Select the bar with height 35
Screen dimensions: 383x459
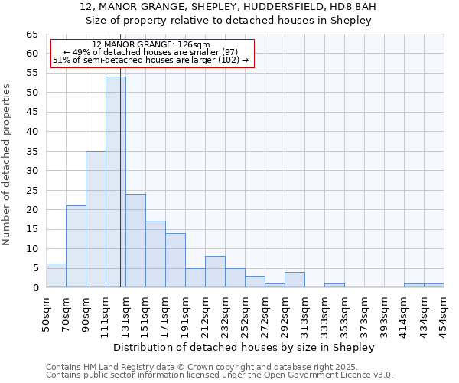(96, 219)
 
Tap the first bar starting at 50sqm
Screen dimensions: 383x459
(56, 276)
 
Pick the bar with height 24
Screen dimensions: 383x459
(135, 241)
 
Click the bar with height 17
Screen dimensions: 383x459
(155, 254)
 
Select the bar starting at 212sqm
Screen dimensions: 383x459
(215, 272)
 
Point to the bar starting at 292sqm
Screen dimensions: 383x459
(295, 280)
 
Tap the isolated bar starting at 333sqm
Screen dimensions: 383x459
(334, 286)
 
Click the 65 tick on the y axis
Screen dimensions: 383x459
(31, 34)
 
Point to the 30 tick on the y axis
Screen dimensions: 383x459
(31, 171)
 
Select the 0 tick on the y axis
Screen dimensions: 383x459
(34, 288)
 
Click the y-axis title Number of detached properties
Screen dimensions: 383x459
(8, 165)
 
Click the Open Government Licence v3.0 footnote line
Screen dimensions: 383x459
(220, 375)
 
